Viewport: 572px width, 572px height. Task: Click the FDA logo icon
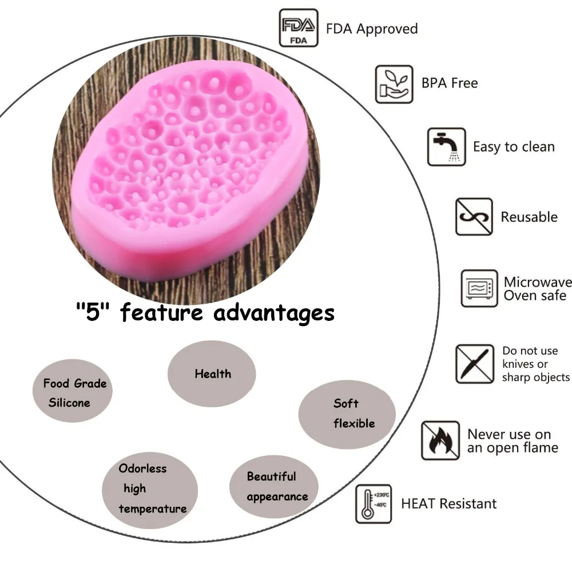298,27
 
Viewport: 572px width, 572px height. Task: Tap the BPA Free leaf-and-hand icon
394,84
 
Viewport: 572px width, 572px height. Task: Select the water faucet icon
446,147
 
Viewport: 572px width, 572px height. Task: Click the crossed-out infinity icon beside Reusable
474,217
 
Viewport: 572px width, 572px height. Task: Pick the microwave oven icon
479,288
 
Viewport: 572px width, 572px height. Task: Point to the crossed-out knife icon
474,364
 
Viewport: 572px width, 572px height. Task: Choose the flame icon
440,440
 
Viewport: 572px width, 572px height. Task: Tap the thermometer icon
374,504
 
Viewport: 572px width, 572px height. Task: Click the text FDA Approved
372,29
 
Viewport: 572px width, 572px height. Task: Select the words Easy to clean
514,147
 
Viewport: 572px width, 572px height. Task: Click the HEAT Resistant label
449,504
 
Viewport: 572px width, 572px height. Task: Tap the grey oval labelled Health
212,374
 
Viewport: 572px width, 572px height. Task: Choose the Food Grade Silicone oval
72,392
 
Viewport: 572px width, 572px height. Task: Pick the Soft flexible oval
347,414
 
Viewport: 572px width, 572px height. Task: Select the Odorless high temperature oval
150,488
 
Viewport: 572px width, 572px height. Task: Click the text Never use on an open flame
512,441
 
